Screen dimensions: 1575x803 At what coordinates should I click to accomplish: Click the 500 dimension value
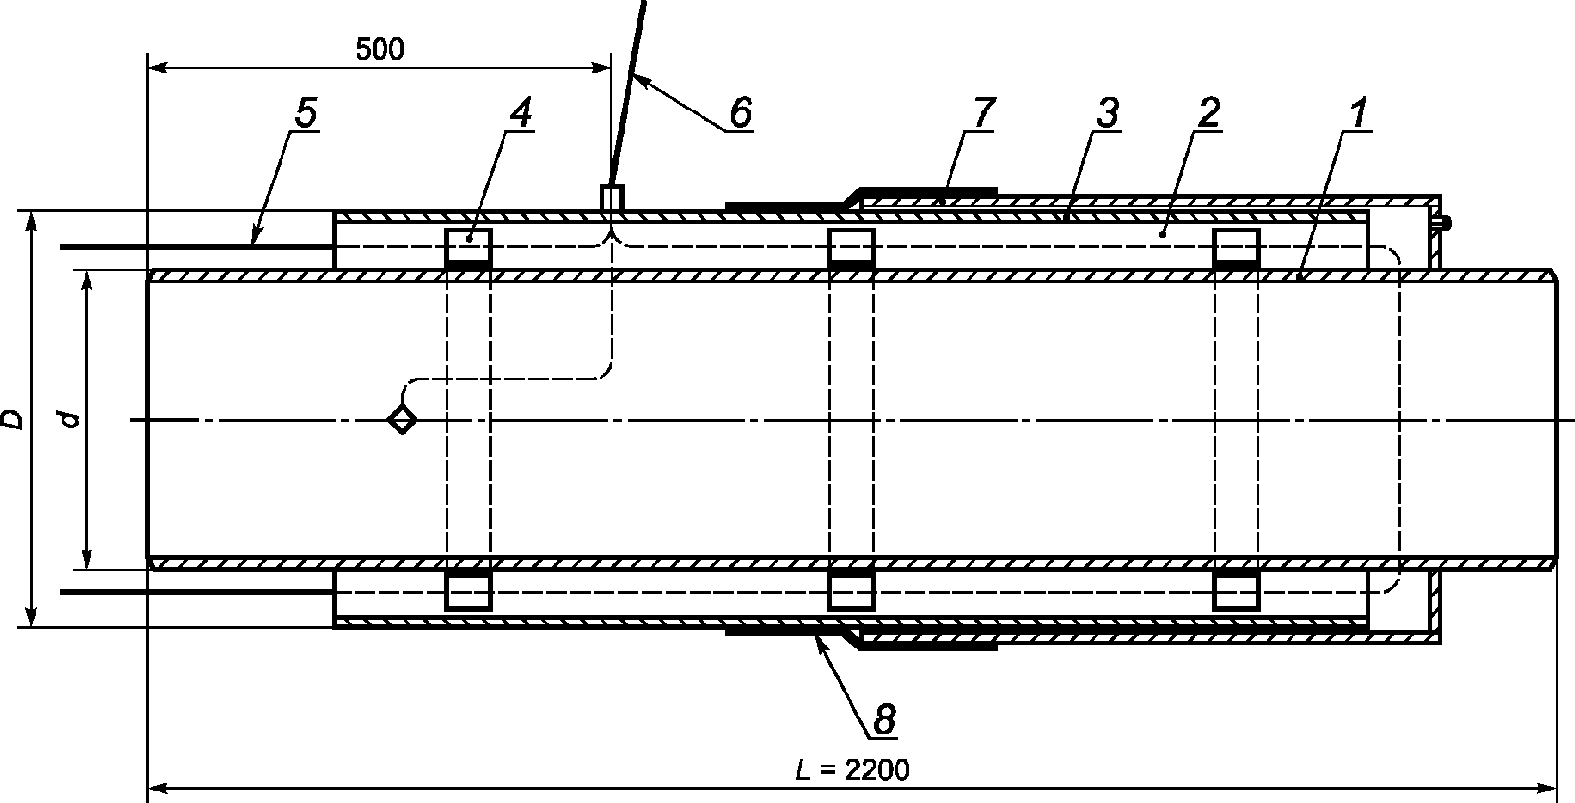coord(380,50)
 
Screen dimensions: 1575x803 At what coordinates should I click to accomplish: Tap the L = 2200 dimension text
coord(851,769)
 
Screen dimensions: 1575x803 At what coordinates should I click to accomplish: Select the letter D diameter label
coord(12,419)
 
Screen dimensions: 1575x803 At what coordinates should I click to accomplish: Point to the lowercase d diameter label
coord(67,419)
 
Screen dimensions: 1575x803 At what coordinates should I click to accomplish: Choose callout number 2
coord(1208,114)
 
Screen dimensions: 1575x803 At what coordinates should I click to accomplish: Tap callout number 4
coord(519,114)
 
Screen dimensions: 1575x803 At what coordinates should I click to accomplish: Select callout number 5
coord(304,114)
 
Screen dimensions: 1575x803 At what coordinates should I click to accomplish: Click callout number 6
coord(739,112)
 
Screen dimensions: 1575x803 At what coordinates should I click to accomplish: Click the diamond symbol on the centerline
coord(402,420)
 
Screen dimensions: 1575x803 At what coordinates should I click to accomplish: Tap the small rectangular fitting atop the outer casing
coord(611,198)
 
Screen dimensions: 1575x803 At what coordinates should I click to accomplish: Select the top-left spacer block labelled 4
coord(468,246)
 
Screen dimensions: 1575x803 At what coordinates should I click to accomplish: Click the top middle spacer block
coord(851,246)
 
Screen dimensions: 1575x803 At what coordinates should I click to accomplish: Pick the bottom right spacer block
coord(1236,590)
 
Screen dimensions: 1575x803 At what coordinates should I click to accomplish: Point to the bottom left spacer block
coord(468,590)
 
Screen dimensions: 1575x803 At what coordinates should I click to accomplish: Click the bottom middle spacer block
coord(851,590)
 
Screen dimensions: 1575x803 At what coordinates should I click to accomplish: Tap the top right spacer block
coord(1236,246)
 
